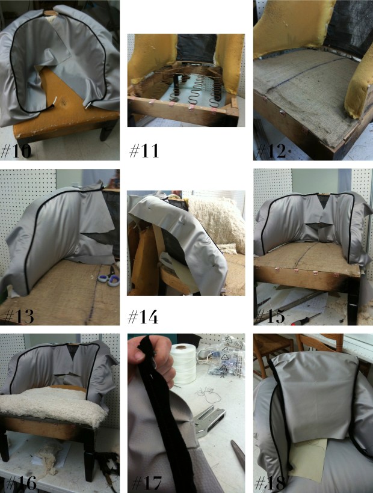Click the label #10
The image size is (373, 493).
click(x=16, y=150)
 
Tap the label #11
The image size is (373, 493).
click(x=144, y=150)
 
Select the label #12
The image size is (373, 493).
click(x=271, y=151)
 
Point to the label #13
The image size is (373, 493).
click(x=18, y=316)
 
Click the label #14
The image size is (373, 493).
click(x=143, y=317)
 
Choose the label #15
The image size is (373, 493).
click(x=270, y=316)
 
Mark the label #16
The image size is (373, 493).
click(x=21, y=483)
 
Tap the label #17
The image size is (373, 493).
click(x=147, y=483)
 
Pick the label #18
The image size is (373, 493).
click(x=271, y=483)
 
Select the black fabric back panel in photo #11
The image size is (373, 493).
click(x=196, y=47)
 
